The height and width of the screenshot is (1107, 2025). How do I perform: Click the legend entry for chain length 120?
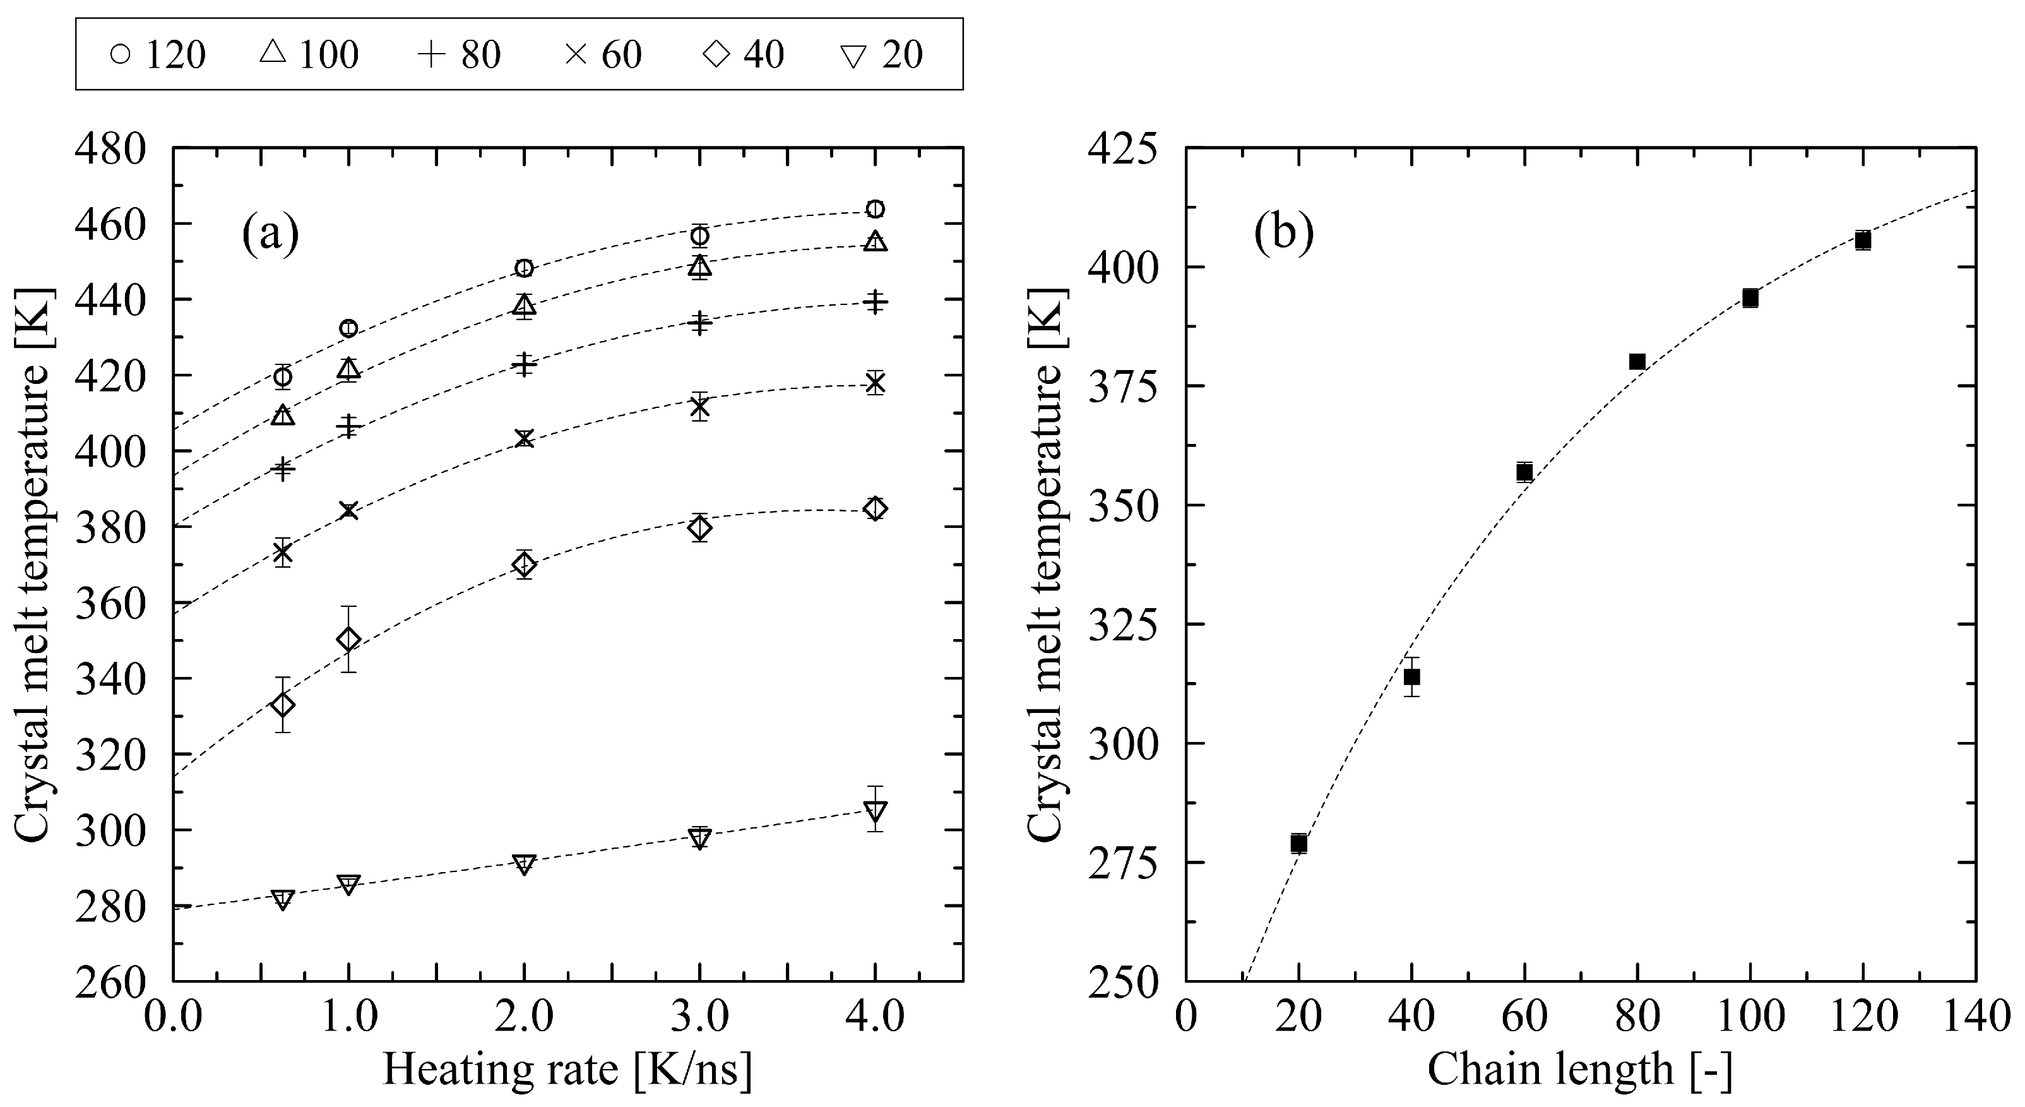click(x=158, y=55)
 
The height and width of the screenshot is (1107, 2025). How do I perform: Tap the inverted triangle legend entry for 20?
click(x=881, y=55)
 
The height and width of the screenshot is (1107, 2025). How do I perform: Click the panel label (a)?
click(x=270, y=234)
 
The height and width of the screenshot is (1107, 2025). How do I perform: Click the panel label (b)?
click(x=1284, y=234)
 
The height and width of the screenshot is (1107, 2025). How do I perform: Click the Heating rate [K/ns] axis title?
click(x=567, y=1070)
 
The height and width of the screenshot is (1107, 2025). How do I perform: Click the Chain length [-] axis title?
click(x=1580, y=1070)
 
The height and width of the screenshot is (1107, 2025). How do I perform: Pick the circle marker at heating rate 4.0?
click(x=875, y=209)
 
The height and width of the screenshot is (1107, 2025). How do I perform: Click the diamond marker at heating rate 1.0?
click(x=348, y=639)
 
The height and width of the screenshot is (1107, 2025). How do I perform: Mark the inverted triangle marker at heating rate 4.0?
click(x=875, y=811)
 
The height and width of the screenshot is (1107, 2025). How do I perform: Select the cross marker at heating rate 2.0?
click(x=525, y=439)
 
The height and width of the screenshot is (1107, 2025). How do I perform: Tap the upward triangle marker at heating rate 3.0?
click(x=699, y=266)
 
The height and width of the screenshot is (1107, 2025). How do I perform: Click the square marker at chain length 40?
click(x=1412, y=677)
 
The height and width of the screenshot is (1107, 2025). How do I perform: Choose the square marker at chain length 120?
click(x=1862, y=241)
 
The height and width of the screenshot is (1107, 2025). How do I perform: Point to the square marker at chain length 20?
click(x=1298, y=844)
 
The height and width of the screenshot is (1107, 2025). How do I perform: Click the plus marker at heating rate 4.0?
click(x=875, y=302)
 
